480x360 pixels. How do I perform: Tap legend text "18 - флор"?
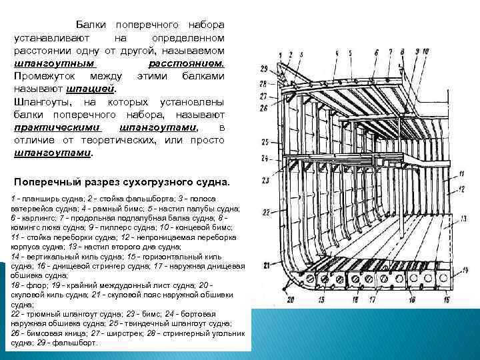(x=25, y=285)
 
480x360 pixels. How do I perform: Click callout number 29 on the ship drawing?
(x=264, y=69)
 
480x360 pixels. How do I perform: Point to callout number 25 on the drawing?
(x=265, y=142)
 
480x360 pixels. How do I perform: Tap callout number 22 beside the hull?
(x=265, y=212)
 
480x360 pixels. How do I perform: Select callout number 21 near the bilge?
(x=267, y=265)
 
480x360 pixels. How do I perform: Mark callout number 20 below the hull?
(x=291, y=300)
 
